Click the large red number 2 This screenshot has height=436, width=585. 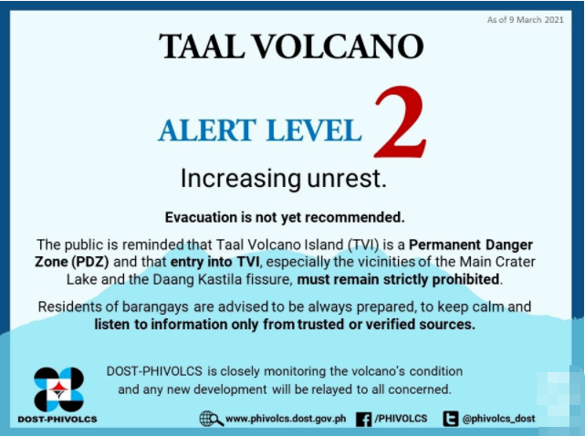[400, 122]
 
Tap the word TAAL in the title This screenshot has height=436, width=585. [202, 47]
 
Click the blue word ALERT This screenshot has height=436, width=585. [207, 130]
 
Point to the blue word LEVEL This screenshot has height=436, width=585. [314, 130]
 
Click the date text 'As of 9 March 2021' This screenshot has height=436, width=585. [525, 20]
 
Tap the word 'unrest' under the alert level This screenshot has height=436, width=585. [347, 178]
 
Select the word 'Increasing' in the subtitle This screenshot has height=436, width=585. [241, 179]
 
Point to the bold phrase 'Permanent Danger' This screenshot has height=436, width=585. [471, 245]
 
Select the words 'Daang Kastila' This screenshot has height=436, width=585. [201, 279]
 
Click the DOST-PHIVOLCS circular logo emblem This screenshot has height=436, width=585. [58, 389]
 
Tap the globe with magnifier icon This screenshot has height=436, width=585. [211, 419]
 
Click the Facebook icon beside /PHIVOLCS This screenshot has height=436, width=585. [364, 419]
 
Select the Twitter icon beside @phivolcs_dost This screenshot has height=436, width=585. [450, 419]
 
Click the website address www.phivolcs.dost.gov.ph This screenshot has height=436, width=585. [286, 419]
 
